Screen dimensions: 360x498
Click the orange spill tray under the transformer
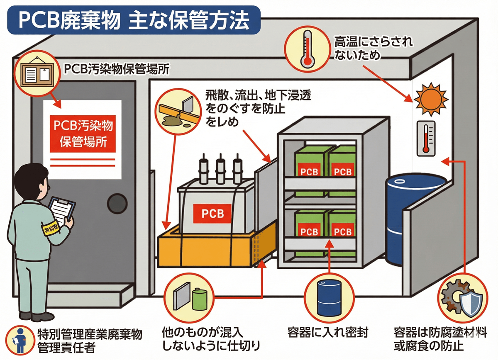click(x=207, y=249)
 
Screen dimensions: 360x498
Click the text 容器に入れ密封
click(x=327, y=333)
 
